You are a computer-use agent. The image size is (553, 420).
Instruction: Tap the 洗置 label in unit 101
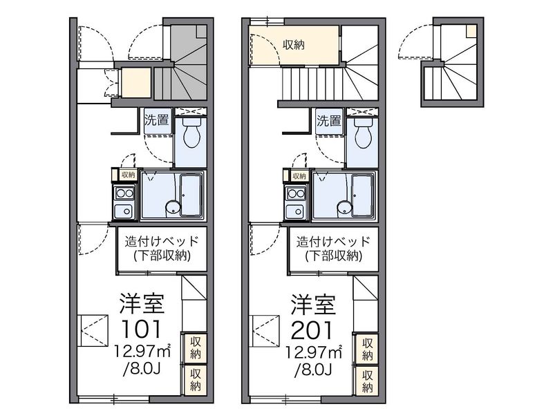pos(157,120)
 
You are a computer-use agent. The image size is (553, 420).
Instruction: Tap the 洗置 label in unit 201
pos(329,120)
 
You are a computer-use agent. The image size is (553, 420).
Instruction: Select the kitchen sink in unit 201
pos(297,211)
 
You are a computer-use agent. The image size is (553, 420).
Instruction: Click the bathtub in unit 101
pos(191,195)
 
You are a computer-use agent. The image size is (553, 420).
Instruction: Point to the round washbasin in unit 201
pos(344,207)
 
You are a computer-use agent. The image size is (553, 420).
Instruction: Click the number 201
pos(312,330)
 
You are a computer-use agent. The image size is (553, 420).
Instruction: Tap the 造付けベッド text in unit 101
pos(162,242)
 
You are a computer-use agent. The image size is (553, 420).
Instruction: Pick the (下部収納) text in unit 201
pos(334,256)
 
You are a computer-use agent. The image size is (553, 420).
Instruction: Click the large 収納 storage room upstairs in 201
pos(294,45)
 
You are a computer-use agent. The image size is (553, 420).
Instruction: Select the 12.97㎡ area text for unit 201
pos(314,352)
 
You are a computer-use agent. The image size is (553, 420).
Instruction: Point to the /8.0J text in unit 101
pos(142,370)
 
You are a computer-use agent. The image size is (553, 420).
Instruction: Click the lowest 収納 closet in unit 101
pos(196,379)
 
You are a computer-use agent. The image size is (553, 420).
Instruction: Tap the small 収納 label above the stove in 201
pos(299,175)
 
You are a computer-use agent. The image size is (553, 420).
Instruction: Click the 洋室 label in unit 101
pos(142,303)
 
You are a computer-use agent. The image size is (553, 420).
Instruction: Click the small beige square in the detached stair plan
pos(471,31)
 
